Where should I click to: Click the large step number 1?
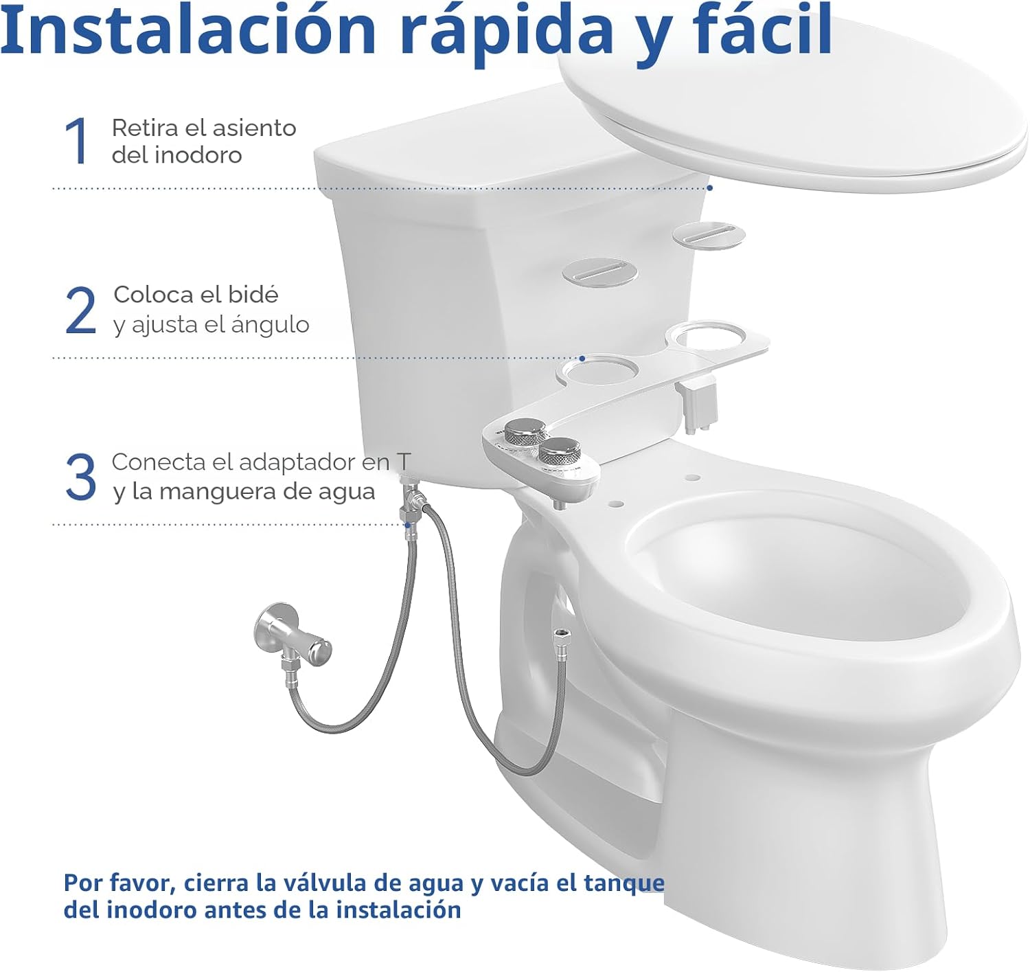78,141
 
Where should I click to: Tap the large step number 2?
81,310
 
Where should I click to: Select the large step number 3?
81,477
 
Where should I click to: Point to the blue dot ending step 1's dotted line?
710,188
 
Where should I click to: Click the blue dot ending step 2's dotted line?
582,359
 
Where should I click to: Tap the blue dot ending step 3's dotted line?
409,525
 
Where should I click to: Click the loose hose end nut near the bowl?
559,635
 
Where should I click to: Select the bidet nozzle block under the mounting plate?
699,405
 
